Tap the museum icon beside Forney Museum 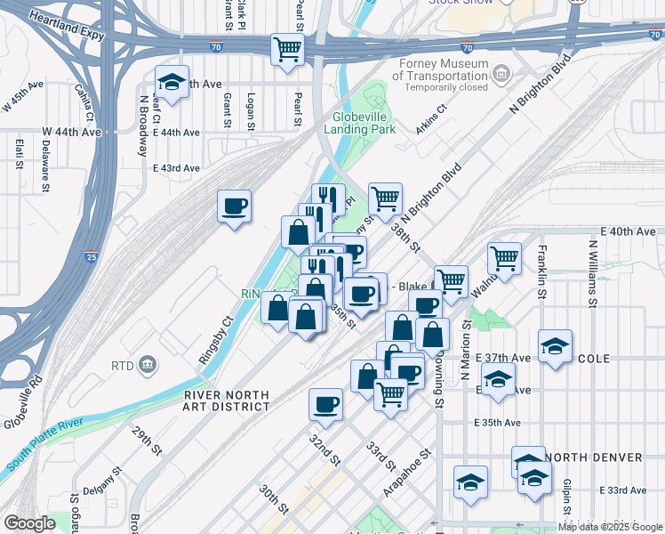[501, 71]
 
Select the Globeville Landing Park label [364, 123]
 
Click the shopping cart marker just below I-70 [287, 49]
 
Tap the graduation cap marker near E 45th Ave [172, 83]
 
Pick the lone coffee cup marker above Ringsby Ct [235, 206]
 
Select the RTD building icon [148, 364]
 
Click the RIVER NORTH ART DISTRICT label [227, 400]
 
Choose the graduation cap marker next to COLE [555, 346]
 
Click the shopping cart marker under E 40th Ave [504, 259]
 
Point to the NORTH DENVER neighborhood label [594, 457]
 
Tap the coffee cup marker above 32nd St [325, 405]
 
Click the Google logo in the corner [28, 523]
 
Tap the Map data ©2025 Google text [609, 527]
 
